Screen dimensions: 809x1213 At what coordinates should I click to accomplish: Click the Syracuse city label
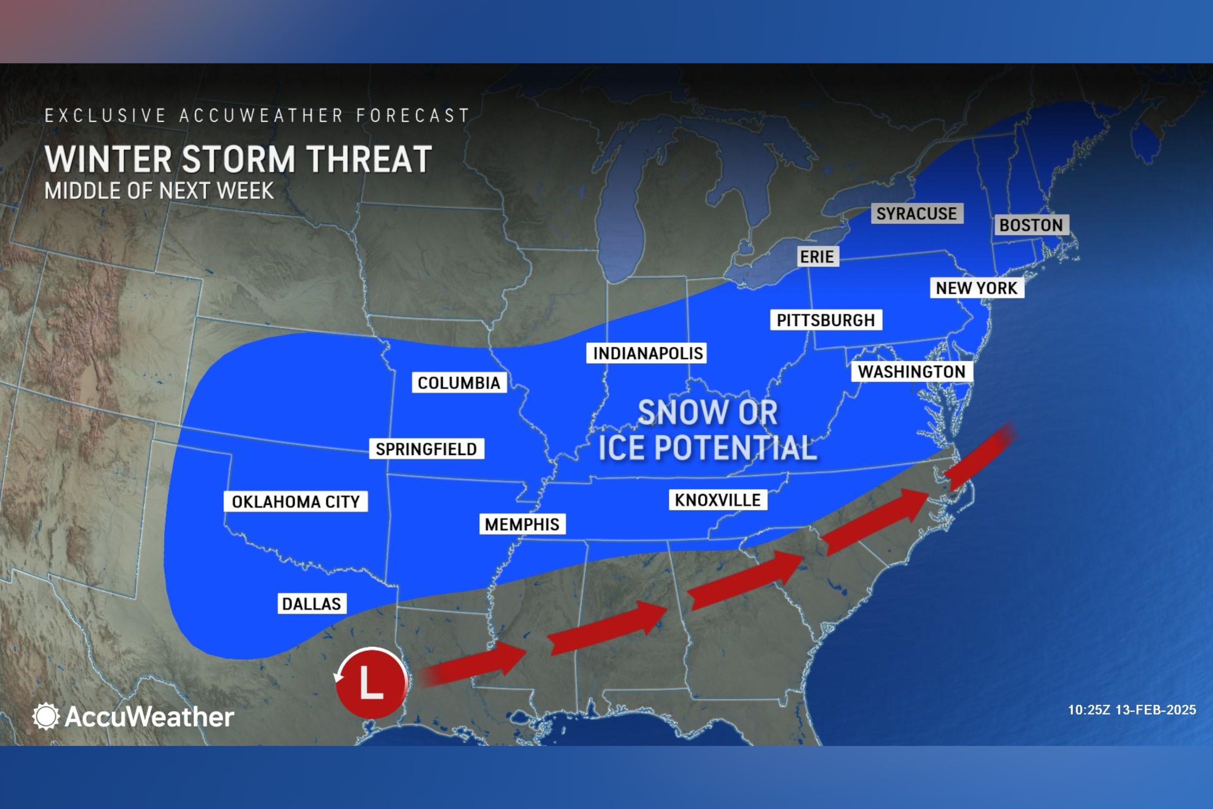[x=917, y=213]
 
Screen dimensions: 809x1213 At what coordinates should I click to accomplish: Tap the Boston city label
[x=1031, y=225]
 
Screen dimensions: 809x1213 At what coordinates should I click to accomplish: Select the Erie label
[x=817, y=256]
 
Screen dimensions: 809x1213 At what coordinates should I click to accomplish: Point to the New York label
[x=976, y=288]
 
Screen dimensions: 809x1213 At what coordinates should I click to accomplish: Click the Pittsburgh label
[x=826, y=320]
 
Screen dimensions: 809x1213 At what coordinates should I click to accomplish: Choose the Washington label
[x=911, y=371]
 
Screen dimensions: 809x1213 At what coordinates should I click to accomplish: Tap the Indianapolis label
[x=647, y=354]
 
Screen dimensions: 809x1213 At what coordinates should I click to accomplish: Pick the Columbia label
[x=459, y=383]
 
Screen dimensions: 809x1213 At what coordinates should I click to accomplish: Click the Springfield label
[x=426, y=449]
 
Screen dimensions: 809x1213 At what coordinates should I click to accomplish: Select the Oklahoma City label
[x=296, y=502]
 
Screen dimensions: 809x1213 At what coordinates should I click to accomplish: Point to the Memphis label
[x=522, y=524]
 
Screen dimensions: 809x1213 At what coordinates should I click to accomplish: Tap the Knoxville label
[x=717, y=500]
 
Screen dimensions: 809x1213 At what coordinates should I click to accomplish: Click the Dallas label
[x=311, y=604]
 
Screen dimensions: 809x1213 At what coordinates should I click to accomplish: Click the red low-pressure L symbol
[x=371, y=683]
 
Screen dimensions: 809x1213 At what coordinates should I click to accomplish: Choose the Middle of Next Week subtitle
[x=159, y=191]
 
